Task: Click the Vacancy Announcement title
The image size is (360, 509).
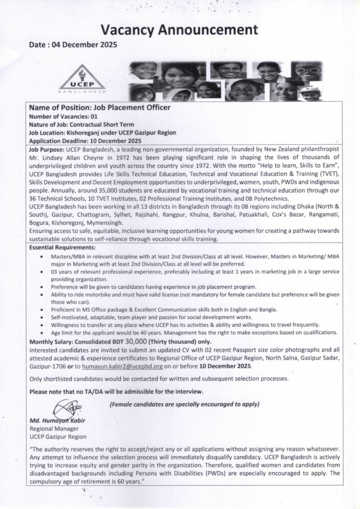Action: [x=180, y=30]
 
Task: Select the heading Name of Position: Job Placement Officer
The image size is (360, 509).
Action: [x=99, y=107]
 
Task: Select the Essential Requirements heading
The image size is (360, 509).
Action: [x=62, y=247]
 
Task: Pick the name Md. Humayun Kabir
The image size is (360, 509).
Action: [x=58, y=422]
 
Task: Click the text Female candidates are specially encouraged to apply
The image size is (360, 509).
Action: [x=184, y=404]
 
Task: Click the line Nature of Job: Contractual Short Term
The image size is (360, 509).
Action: [x=83, y=124]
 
